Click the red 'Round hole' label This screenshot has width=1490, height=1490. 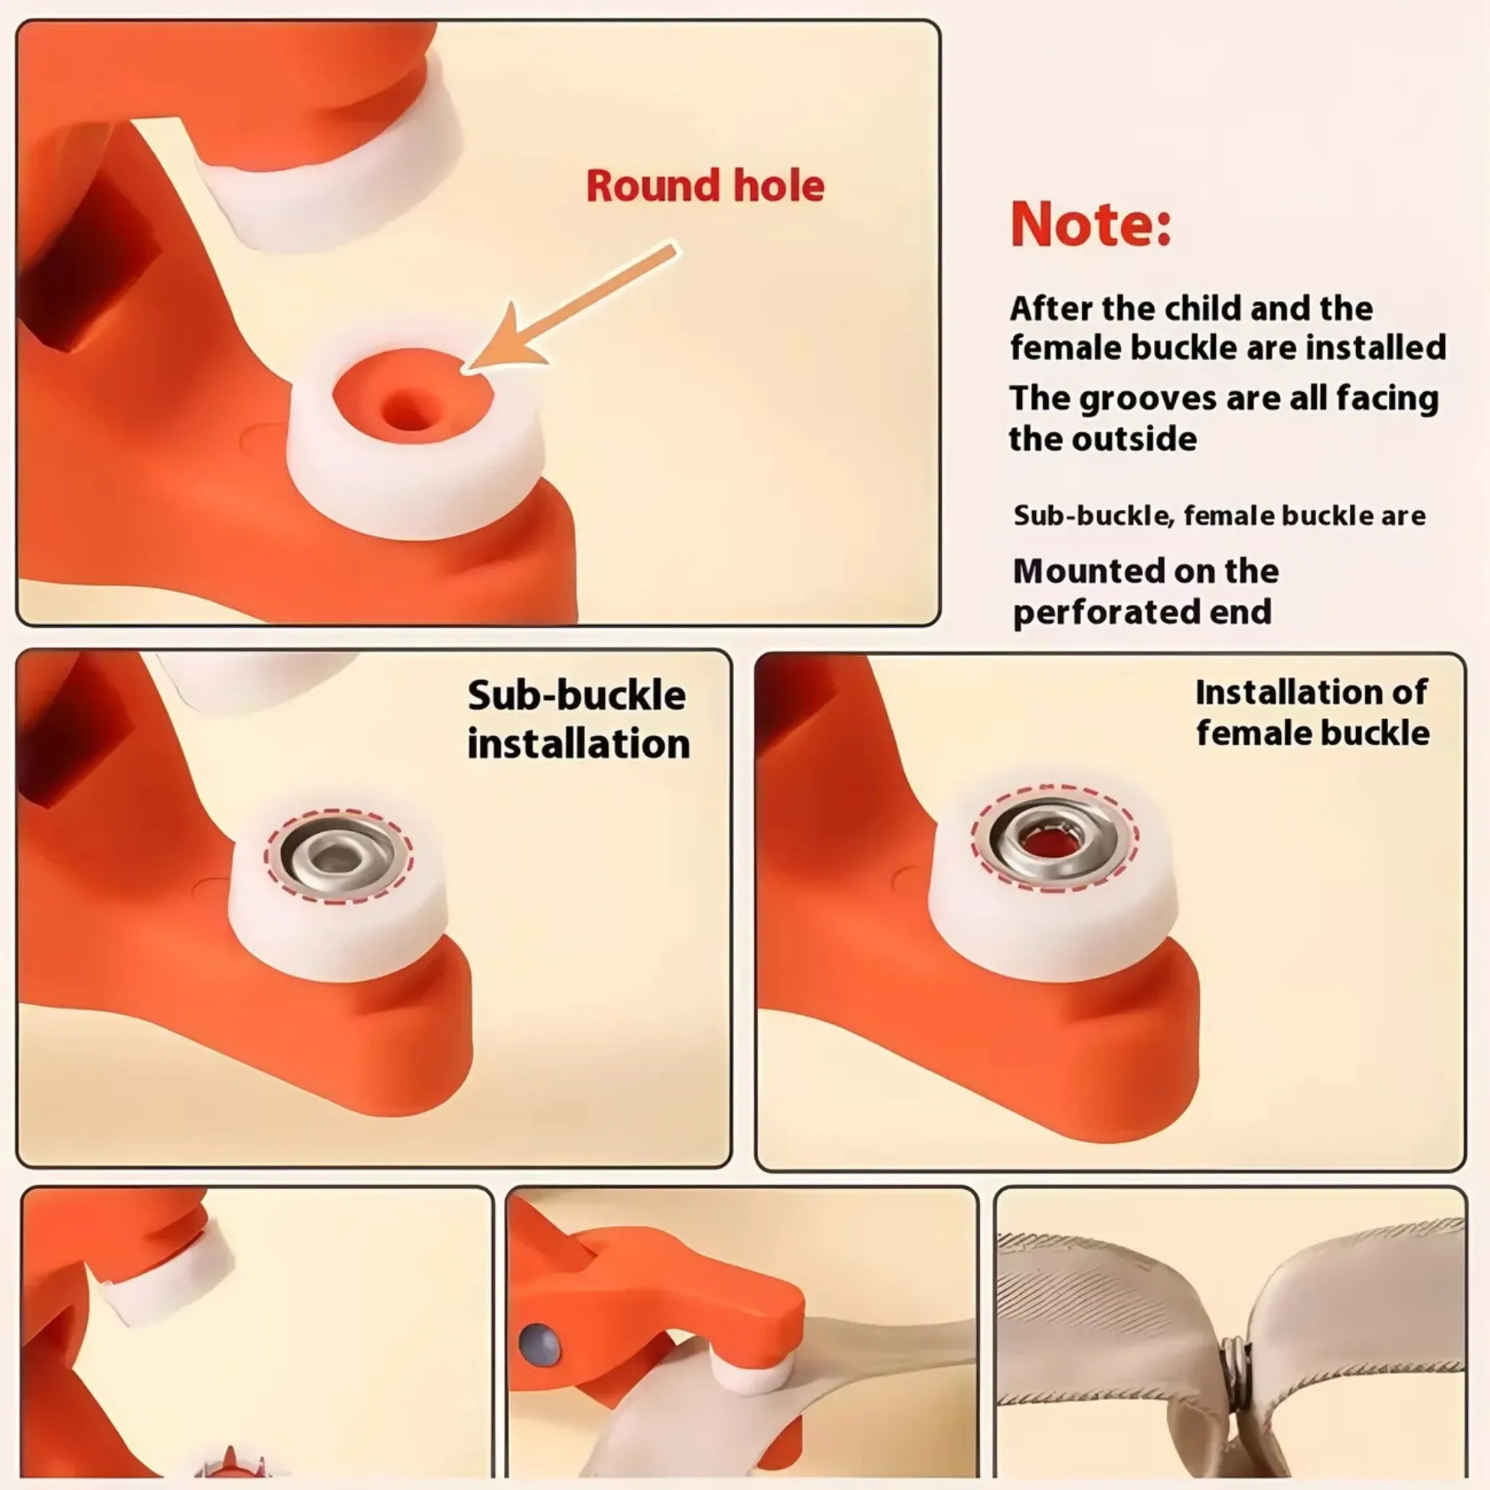coord(705,186)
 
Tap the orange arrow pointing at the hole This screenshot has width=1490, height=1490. coord(570,309)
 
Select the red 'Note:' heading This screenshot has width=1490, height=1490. coord(1090,224)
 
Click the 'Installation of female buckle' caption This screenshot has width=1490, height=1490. coord(1312,712)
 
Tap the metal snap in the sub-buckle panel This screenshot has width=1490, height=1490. coord(338,854)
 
